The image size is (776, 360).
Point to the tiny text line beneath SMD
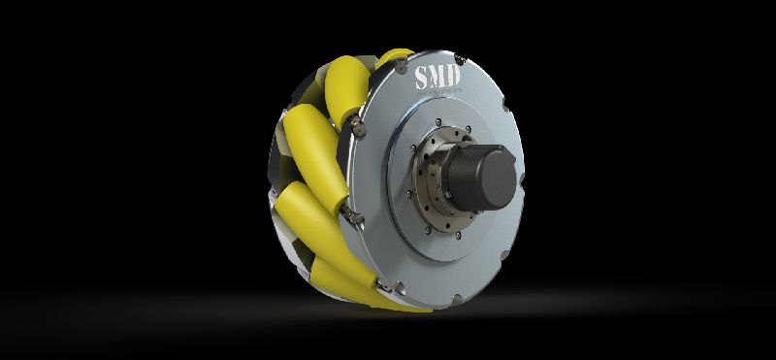tap(445, 90)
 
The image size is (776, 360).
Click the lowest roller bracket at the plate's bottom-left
tap(395, 286)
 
